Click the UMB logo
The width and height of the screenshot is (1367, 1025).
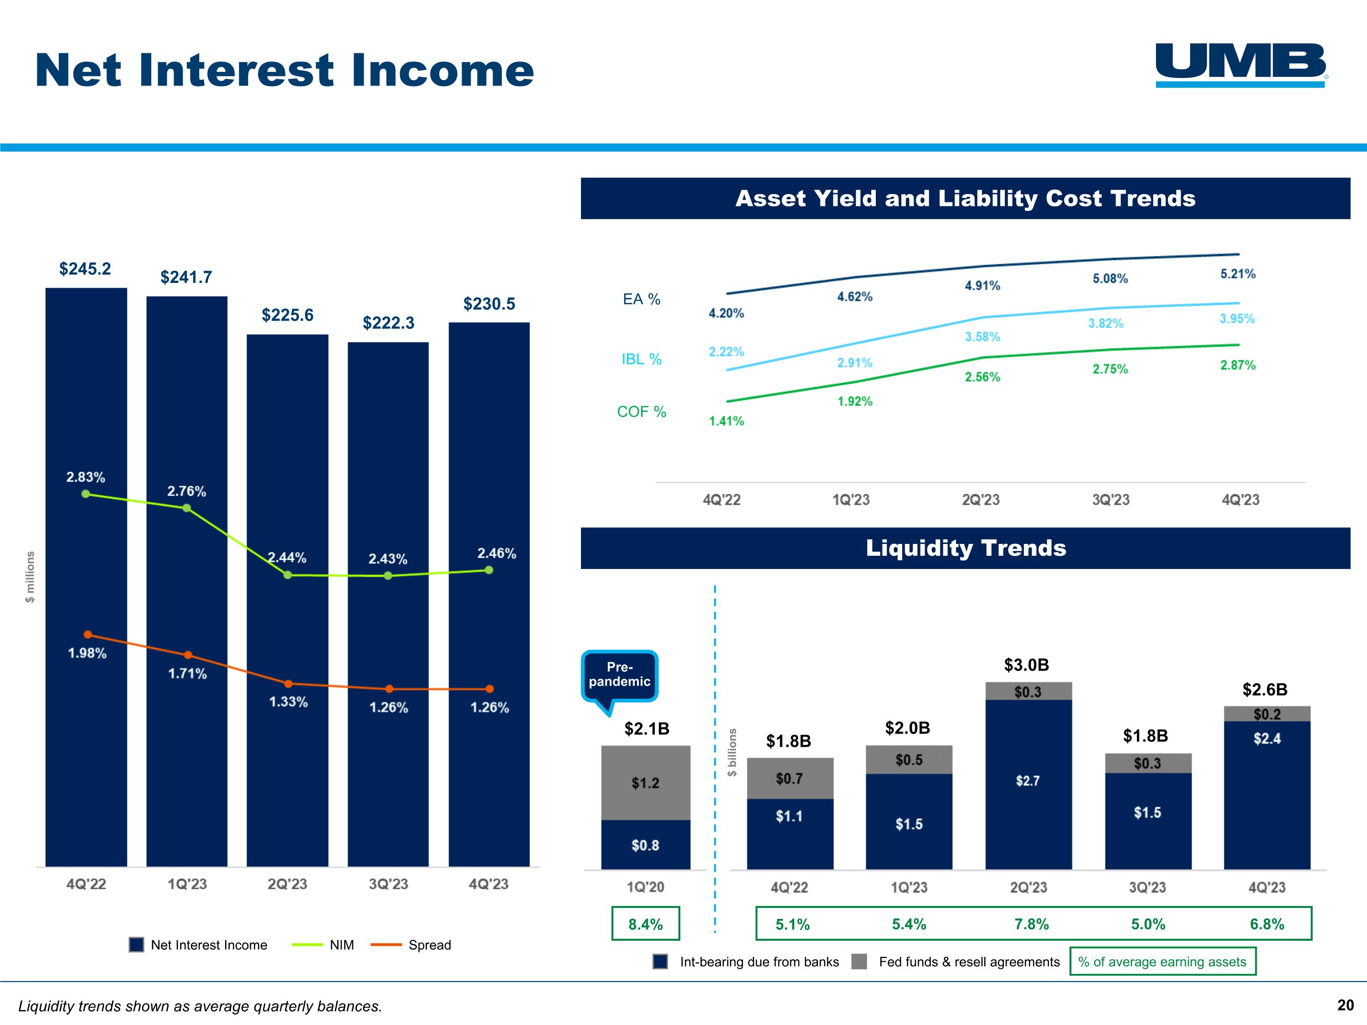click(x=1241, y=64)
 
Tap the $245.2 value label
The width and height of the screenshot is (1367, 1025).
click(x=85, y=269)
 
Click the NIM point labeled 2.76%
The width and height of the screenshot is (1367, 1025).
click(x=187, y=508)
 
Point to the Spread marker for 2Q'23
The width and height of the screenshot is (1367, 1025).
click(x=288, y=683)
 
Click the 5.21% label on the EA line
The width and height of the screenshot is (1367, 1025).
click(x=1237, y=274)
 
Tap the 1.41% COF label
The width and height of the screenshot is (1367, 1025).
click(x=726, y=421)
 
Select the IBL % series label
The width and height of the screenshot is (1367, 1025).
click(x=642, y=359)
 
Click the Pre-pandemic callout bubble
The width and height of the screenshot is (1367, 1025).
click(x=619, y=675)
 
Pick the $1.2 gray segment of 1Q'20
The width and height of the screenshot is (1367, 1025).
click(x=645, y=783)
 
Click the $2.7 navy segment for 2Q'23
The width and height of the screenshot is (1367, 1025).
click(x=1028, y=781)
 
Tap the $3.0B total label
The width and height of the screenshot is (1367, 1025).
click(x=1027, y=665)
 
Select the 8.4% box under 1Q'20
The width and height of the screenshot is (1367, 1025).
click(x=645, y=924)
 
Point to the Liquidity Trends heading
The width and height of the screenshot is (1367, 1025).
click(x=965, y=548)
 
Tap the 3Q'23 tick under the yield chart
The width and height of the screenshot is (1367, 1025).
click(x=1110, y=499)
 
